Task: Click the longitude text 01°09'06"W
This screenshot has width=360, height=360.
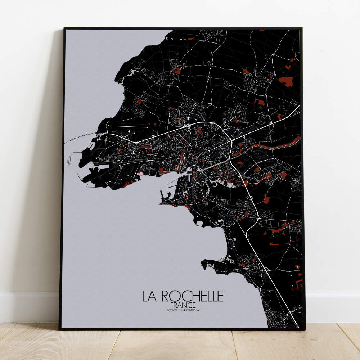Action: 192,310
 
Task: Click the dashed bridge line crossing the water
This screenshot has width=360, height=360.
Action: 77,138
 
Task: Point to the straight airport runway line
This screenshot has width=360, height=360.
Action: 128,127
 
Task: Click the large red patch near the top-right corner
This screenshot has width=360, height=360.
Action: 287,81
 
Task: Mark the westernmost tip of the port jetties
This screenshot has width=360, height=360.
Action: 78,175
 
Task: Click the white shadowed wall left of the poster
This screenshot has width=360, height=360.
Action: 29,144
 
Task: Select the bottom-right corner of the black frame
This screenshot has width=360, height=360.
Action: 304,329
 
